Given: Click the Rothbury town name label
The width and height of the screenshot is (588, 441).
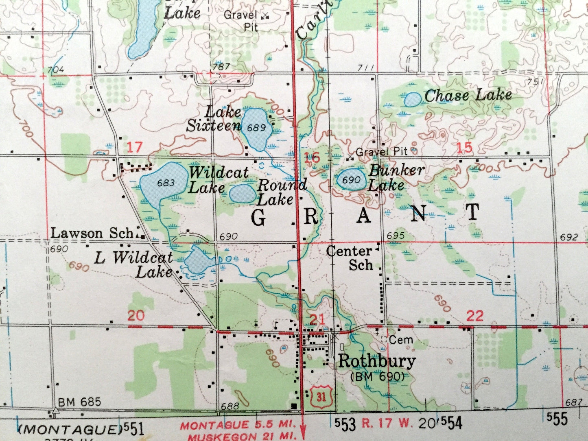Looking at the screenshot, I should [x=377, y=361].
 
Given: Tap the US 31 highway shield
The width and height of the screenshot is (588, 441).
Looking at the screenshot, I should [x=321, y=396].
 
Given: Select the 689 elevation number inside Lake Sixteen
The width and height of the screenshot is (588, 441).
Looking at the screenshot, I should [x=256, y=128].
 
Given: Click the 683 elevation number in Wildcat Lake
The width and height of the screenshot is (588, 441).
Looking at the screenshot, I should [x=165, y=183].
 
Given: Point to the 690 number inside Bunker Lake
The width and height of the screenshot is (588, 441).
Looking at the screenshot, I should [x=351, y=180].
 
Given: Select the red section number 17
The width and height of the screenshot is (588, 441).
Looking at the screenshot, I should [x=134, y=147].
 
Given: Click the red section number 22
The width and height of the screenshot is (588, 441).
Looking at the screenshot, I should [x=474, y=316].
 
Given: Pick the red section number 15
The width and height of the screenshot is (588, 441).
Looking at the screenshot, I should [x=465, y=148].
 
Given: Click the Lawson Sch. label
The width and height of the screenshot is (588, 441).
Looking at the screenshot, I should [x=93, y=234].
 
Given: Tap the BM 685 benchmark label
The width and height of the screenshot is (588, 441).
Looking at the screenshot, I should [x=79, y=402].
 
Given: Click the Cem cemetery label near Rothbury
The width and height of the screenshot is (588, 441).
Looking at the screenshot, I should [x=401, y=340].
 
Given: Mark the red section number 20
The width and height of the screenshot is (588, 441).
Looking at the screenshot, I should [x=136, y=315].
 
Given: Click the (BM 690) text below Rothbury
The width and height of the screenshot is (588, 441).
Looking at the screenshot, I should [x=378, y=377].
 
